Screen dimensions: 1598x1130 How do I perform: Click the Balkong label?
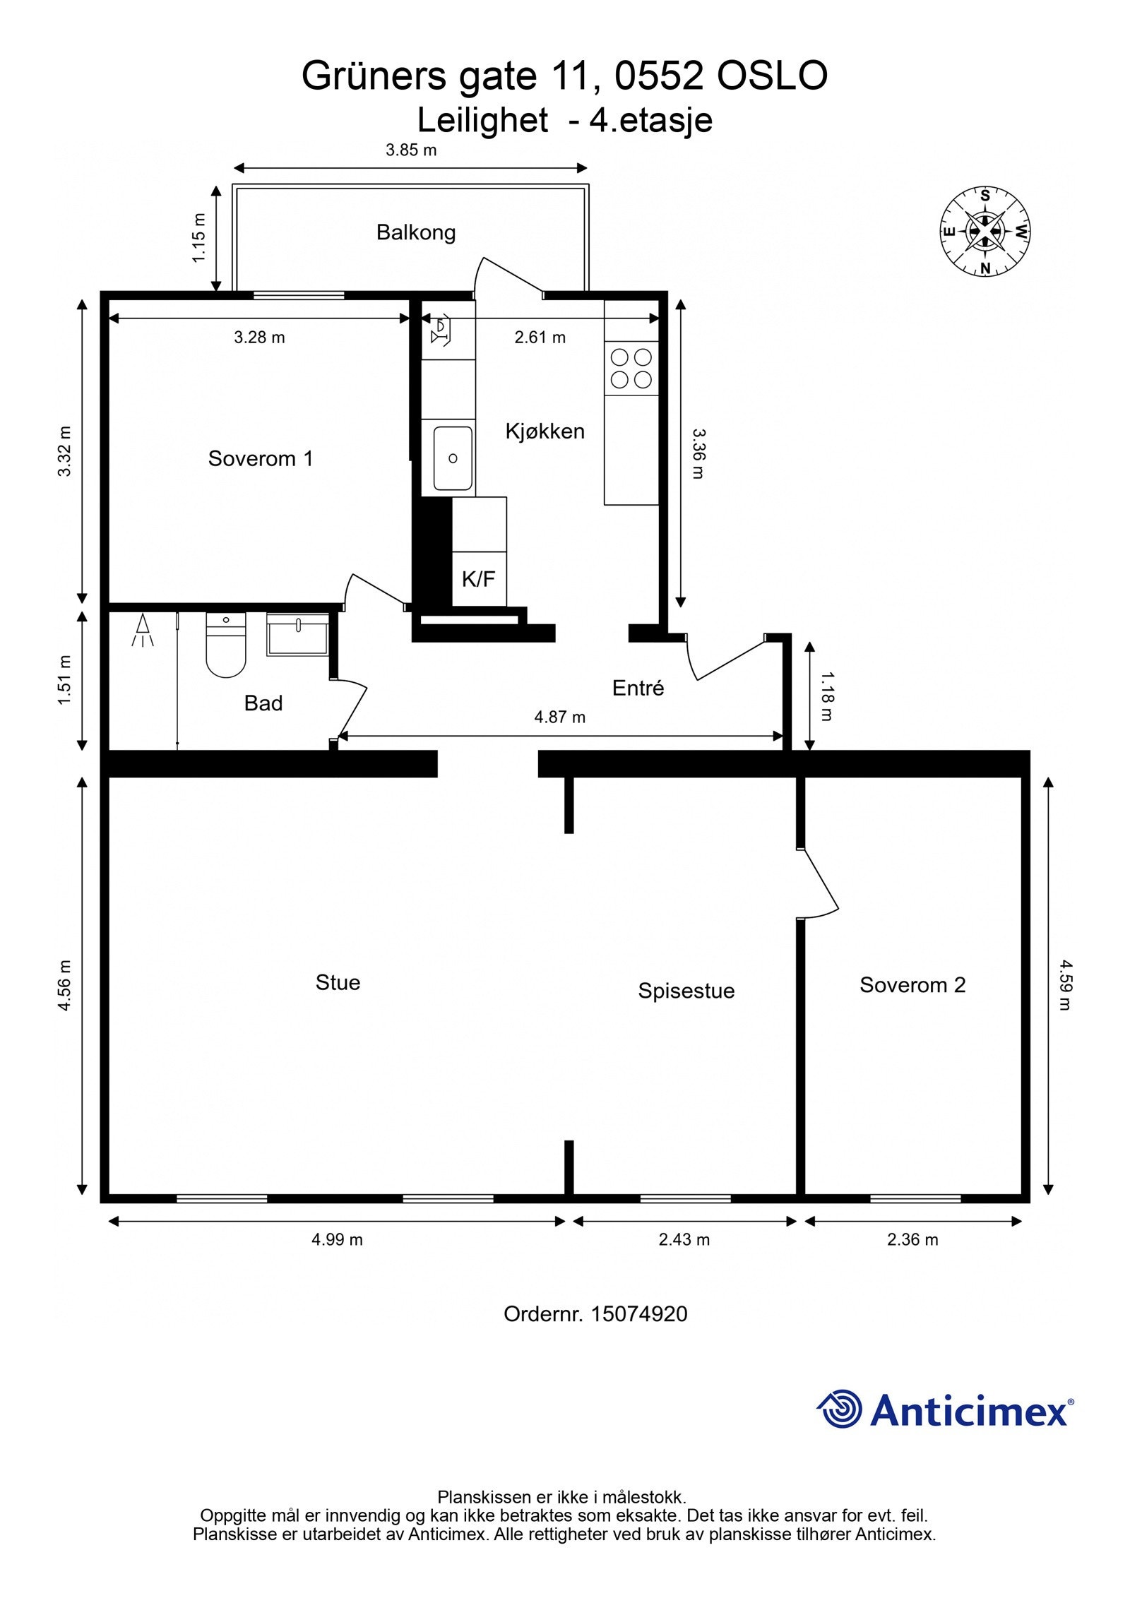[415, 232]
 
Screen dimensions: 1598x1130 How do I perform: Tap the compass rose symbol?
[985, 231]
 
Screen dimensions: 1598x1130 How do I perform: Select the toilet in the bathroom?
[225, 646]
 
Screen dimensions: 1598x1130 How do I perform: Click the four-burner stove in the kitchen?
[631, 368]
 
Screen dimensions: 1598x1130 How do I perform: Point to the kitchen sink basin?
[453, 458]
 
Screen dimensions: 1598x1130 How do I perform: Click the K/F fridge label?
[478, 580]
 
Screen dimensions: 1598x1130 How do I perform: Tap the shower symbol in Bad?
[143, 631]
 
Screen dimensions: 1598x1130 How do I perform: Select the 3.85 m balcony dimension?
[410, 150]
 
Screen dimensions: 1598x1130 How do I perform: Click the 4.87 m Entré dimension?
[559, 717]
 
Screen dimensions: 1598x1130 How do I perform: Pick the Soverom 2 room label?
[912, 985]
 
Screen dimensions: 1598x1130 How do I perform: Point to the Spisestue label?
[686, 991]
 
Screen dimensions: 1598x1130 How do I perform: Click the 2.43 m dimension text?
[684, 1239]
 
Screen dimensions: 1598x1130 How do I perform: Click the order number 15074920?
[638, 1314]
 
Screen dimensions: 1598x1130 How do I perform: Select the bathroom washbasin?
[297, 634]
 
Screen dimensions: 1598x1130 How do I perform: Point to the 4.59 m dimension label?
[1065, 984]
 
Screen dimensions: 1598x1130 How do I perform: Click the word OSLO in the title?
[772, 76]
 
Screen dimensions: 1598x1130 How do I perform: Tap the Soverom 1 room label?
[260, 459]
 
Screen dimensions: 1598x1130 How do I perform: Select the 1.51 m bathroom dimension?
[65, 680]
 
